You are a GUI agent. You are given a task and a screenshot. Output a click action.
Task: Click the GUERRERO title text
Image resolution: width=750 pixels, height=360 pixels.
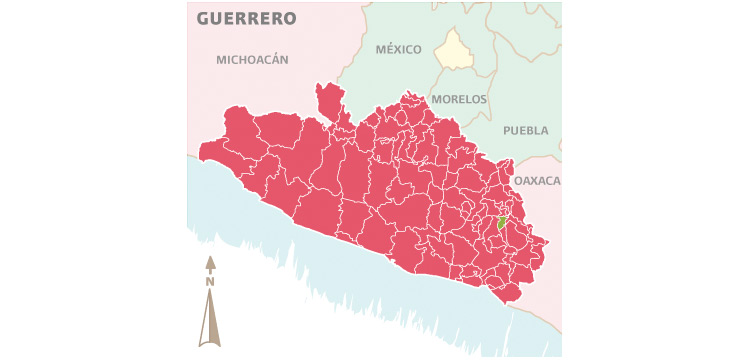click(x=246, y=19)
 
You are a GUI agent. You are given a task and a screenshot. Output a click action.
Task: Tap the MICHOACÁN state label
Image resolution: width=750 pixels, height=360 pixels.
click(x=252, y=60)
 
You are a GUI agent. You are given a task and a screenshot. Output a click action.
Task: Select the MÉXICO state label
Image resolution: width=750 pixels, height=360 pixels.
click(x=398, y=49)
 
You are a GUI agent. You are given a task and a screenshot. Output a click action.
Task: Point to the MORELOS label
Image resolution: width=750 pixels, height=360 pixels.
click(x=459, y=100)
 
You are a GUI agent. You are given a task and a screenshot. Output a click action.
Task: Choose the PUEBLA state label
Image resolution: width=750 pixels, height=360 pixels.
click(x=526, y=130)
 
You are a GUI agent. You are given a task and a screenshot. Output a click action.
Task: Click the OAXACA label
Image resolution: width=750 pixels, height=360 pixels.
click(x=538, y=181)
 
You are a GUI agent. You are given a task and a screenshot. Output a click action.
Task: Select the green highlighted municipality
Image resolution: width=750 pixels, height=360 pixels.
click(x=502, y=222)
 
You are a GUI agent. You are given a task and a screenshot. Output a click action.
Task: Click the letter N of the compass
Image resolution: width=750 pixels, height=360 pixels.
click(x=210, y=282)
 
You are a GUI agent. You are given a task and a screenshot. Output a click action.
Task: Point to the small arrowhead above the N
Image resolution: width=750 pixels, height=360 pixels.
click(x=210, y=264)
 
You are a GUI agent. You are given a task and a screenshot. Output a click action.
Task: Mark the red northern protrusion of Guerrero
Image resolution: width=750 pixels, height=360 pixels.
click(x=330, y=100)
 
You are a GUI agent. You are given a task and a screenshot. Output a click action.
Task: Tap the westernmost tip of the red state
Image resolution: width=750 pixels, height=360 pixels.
click(x=201, y=155)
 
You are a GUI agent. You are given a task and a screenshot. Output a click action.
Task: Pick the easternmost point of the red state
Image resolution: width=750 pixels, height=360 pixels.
click(x=547, y=242)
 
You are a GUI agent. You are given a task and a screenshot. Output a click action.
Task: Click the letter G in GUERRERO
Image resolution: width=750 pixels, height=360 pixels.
click(x=203, y=19)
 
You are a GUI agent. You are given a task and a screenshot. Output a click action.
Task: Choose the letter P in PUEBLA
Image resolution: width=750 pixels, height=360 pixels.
click(x=507, y=130)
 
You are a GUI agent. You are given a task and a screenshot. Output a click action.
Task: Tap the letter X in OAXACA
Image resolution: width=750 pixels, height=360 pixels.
click(x=538, y=181)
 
